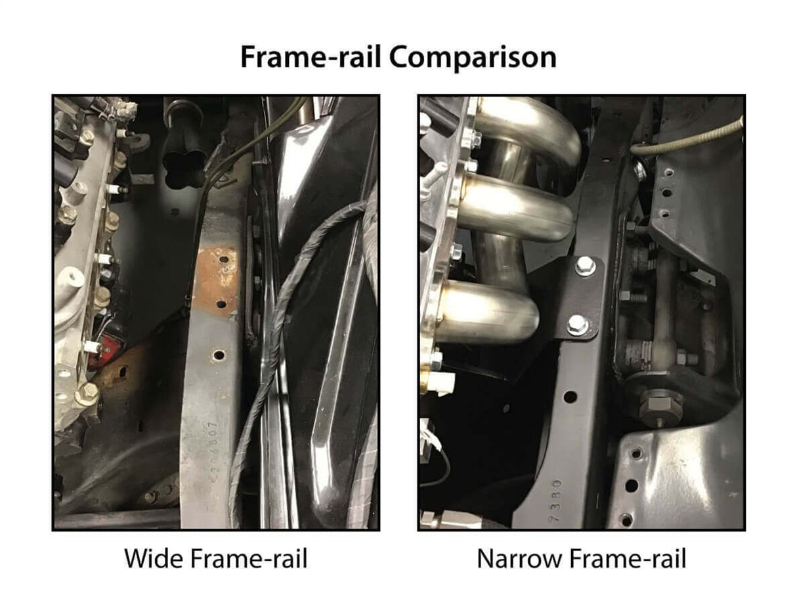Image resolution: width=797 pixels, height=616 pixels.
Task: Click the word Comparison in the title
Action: pyautogui.click(x=473, y=57)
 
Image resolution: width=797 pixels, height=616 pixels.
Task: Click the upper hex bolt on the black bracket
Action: pyautogui.click(x=585, y=266)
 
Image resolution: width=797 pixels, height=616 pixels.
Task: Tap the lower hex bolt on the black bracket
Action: pyautogui.click(x=578, y=325)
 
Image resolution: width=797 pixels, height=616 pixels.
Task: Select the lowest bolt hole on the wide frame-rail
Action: pyautogui.click(x=218, y=355)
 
